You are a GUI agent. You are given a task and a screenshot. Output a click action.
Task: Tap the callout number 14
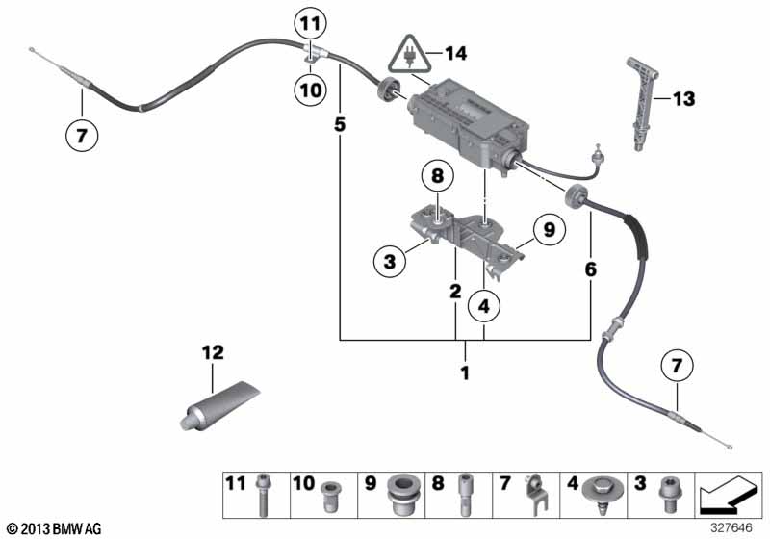455,54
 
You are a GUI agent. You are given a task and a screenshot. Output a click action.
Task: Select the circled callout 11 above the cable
310,23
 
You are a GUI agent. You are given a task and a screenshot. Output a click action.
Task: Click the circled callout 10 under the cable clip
310,90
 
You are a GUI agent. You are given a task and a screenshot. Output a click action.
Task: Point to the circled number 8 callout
437,176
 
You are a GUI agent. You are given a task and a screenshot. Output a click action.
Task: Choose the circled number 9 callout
549,230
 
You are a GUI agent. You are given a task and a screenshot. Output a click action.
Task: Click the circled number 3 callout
390,261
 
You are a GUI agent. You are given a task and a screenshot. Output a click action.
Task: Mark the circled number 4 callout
484,306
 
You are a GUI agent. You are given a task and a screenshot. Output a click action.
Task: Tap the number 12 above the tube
213,352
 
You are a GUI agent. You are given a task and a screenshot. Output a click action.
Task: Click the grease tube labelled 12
218,406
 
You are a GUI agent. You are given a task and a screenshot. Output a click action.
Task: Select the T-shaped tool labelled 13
642,104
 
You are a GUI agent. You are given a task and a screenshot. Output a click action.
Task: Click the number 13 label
683,99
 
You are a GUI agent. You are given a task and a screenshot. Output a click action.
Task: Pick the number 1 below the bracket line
465,373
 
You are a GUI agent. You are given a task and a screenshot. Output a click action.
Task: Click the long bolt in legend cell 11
263,495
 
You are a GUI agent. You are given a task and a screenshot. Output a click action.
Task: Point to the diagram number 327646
731,528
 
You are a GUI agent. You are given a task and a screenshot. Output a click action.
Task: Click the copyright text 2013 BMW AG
55,529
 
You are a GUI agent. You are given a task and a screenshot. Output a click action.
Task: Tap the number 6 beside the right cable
590,269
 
